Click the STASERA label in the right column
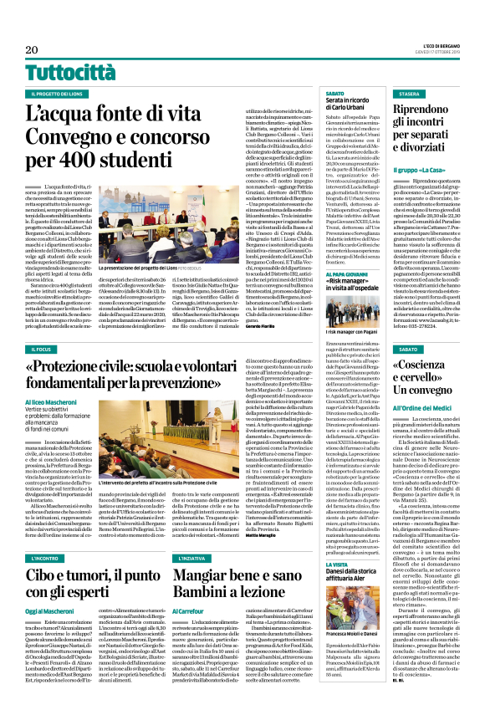pyautogui.click(x=410, y=94)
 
